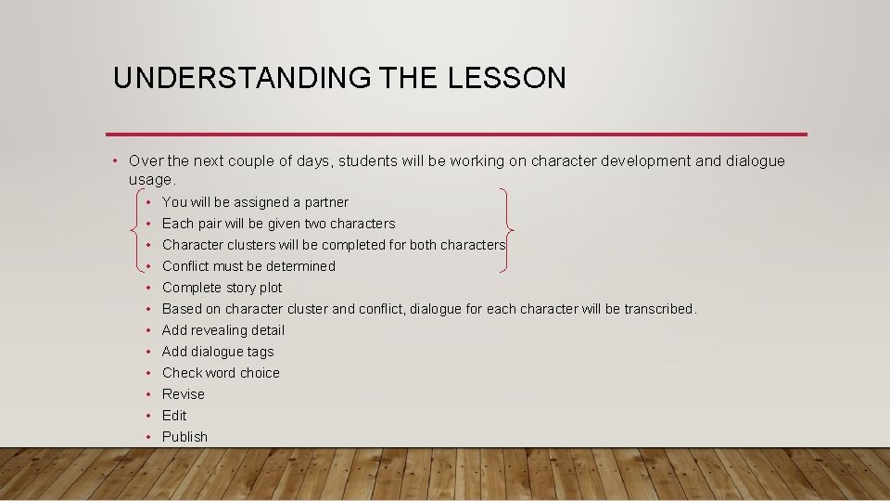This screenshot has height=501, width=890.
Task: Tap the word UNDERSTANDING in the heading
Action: click(x=241, y=78)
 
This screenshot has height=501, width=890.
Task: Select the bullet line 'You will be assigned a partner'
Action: click(x=255, y=202)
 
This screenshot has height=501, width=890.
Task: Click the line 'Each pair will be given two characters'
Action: click(x=278, y=224)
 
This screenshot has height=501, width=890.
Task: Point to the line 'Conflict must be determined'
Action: click(x=248, y=266)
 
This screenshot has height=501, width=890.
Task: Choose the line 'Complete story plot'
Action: click(x=222, y=288)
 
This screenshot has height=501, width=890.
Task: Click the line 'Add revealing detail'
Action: click(x=223, y=330)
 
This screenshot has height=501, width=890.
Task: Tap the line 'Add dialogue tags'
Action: click(x=218, y=352)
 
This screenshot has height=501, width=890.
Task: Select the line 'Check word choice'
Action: click(x=221, y=373)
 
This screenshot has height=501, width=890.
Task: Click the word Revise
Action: click(x=184, y=394)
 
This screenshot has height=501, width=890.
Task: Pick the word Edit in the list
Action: click(x=174, y=416)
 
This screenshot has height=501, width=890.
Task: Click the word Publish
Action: click(x=184, y=437)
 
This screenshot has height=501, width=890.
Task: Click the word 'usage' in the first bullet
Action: click(x=150, y=179)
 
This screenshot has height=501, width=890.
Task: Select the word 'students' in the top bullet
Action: click(x=368, y=161)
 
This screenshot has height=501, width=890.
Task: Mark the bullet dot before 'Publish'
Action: click(x=148, y=437)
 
